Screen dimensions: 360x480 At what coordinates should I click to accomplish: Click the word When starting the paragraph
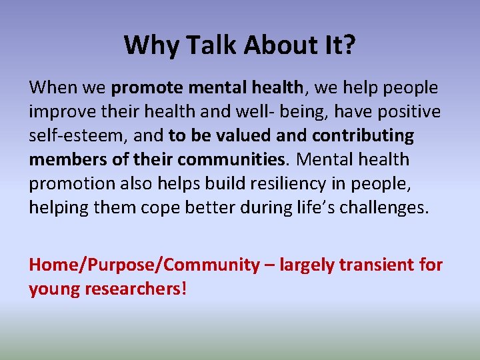point(53,87)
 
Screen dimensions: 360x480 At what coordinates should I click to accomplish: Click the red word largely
point(307,265)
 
